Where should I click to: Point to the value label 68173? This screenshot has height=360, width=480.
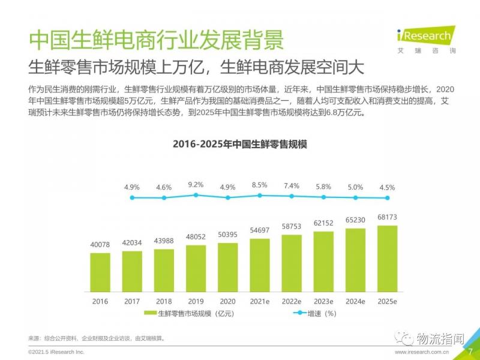387,217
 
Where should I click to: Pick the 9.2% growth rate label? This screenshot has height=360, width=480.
196,185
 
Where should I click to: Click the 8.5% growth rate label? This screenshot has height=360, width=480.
260,185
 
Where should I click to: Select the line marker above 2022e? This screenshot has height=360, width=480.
292,196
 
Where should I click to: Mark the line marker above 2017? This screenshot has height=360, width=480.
132,197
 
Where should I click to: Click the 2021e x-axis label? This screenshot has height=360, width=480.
260,301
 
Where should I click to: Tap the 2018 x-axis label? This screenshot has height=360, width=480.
164,301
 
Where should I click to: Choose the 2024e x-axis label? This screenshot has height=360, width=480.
355,301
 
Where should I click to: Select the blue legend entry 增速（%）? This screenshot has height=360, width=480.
317,313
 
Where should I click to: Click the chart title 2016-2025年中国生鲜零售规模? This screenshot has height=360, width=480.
239,144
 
